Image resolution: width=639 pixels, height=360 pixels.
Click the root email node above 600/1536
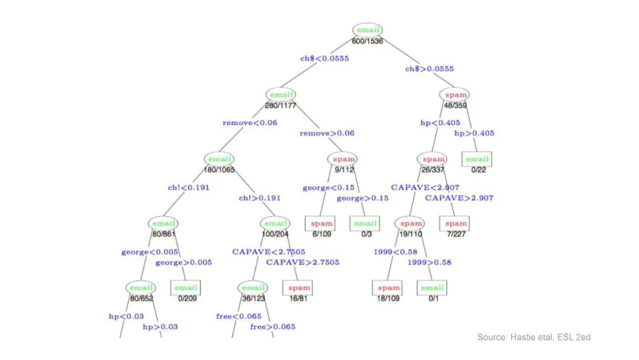[x=367, y=30]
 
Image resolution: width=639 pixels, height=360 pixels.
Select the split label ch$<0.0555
[x=324, y=59]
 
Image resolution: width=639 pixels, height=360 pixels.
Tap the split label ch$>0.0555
[x=430, y=69]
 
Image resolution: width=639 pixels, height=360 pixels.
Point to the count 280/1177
[x=280, y=105]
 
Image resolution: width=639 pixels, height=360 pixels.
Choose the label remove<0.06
[x=250, y=123]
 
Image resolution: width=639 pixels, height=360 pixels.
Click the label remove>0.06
[x=327, y=133]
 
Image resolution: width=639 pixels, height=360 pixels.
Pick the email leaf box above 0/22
[x=477, y=159]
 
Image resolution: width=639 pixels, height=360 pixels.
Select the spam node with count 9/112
[x=342, y=159]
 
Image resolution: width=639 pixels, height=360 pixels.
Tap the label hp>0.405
[x=474, y=133]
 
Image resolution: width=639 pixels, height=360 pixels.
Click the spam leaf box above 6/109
[x=321, y=224]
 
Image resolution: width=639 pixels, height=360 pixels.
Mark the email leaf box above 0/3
[x=365, y=224]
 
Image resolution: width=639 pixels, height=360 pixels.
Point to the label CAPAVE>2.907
[x=459, y=198]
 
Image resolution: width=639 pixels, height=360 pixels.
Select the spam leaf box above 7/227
[x=456, y=224]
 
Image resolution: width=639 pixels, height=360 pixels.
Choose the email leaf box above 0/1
[x=431, y=288]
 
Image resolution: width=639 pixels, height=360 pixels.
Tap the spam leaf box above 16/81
[x=299, y=288]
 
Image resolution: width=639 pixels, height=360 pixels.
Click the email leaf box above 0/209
[x=185, y=288]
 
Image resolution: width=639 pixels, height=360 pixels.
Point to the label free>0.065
[x=273, y=327]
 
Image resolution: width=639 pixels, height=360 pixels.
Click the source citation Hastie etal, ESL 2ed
[x=534, y=337]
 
